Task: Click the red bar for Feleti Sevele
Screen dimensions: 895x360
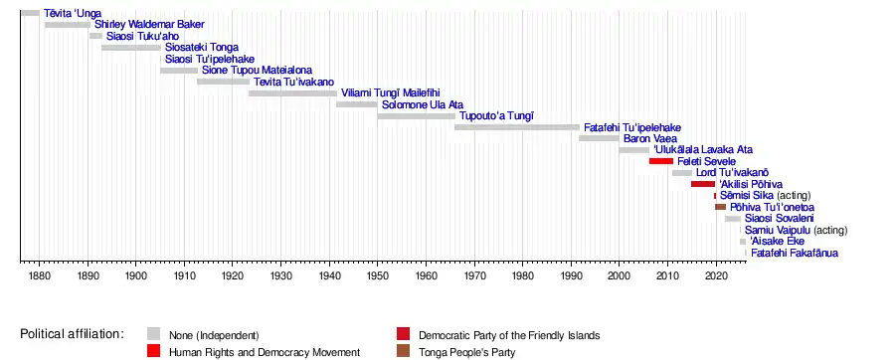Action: point(661,161)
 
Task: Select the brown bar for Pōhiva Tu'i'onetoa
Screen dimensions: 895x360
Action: point(720,207)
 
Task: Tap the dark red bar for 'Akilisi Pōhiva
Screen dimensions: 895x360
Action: point(703,184)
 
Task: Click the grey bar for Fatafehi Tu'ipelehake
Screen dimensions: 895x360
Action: point(517,127)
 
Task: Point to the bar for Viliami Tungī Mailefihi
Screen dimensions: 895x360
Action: point(292,93)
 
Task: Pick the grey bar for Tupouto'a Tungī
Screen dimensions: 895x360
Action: point(416,115)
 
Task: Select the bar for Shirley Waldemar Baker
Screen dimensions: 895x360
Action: point(68,25)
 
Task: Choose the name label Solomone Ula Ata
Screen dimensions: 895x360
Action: point(423,104)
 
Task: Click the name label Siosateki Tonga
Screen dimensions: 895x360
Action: point(202,48)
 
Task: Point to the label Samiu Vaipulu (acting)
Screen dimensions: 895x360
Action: point(797,231)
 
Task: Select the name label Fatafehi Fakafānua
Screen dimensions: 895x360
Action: point(795,254)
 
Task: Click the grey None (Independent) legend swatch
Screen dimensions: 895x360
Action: point(153,334)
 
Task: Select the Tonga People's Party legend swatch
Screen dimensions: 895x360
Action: point(403,352)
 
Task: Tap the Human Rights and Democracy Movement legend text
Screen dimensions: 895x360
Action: point(265,353)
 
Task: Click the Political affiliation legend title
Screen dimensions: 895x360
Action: point(72,334)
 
